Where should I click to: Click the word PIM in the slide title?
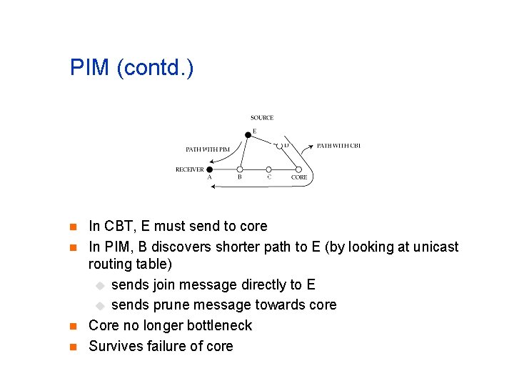(x=89, y=69)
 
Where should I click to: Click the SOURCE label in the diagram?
(x=261, y=118)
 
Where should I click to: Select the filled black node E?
(x=248, y=134)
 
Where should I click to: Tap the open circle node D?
(x=279, y=146)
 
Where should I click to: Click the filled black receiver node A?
(x=210, y=169)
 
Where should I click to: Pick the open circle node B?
(x=240, y=169)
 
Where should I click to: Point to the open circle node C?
(x=268, y=169)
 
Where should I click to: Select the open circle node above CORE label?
(x=299, y=169)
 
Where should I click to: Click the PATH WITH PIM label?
(x=208, y=149)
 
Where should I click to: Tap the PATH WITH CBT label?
(x=338, y=146)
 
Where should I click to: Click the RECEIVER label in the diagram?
(x=189, y=169)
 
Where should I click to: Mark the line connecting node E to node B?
(x=243, y=152)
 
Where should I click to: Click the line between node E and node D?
(x=263, y=140)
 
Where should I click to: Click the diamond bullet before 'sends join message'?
(x=101, y=285)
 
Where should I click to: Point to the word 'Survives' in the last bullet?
(x=115, y=346)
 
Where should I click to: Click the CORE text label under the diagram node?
(x=299, y=177)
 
